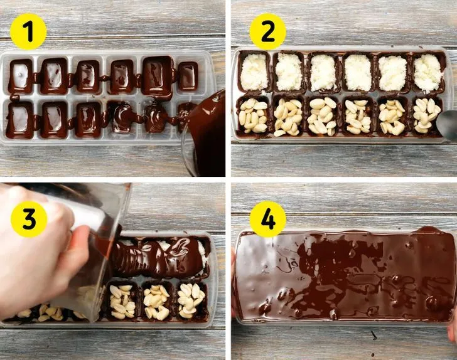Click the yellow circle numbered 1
(28, 31)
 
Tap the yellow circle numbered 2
(268, 31)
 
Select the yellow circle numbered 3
(29, 219)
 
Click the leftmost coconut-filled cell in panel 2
(254, 71)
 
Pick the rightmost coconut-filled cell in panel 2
(428, 71)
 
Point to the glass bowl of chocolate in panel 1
(204, 134)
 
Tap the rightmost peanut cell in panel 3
(191, 300)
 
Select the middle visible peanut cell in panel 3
(156, 301)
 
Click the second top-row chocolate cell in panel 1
(54, 76)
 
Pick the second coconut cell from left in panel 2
(289, 71)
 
